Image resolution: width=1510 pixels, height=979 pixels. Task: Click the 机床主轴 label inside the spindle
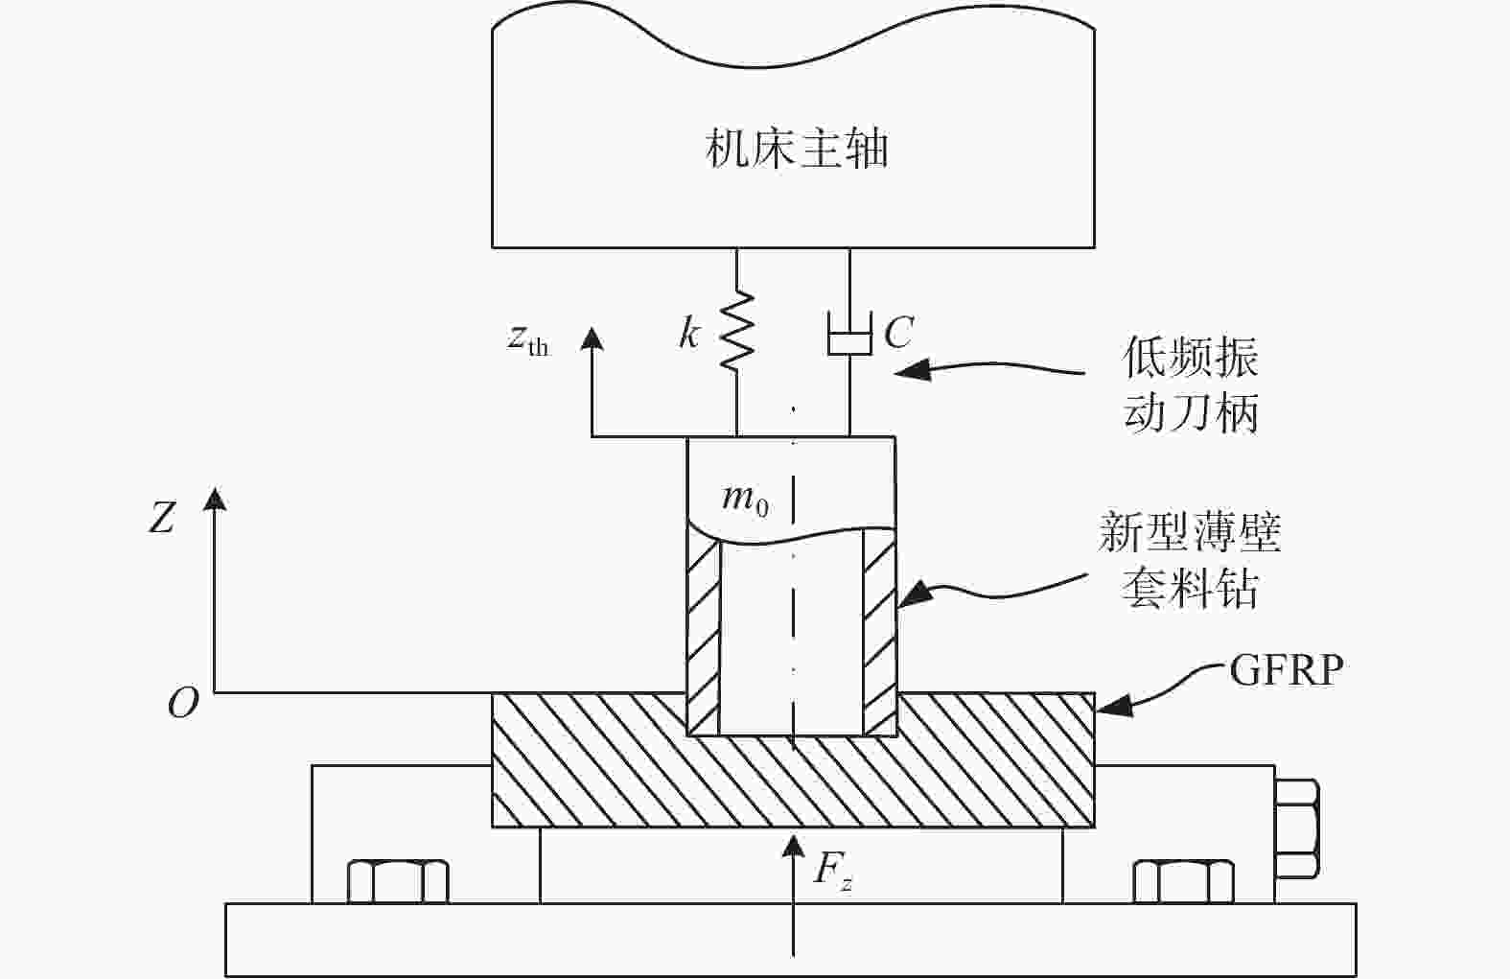tap(796, 149)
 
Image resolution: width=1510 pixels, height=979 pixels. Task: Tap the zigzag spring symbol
tap(737, 331)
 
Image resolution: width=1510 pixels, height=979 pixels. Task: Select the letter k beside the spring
tap(689, 333)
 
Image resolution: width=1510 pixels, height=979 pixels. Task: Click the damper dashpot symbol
tap(849, 333)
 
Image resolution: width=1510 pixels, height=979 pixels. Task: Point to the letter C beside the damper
tap(898, 332)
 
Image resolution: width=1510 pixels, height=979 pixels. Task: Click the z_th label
tap(528, 340)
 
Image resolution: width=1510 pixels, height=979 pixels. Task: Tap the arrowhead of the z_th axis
tap(592, 339)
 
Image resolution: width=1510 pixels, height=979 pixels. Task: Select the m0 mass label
tap(745, 500)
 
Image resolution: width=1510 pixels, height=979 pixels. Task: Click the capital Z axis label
tap(162, 518)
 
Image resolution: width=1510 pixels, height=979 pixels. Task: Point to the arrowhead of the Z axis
tap(215, 499)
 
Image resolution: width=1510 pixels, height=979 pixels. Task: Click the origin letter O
tap(183, 703)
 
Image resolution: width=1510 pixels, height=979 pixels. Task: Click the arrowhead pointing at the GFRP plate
tap(1111, 706)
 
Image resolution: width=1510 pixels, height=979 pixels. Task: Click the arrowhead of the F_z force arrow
tap(794, 846)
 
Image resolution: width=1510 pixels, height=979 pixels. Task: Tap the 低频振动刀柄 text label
tap(1191, 385)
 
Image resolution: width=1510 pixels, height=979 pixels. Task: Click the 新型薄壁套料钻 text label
tap(1190, 559)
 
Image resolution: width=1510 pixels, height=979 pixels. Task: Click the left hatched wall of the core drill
tap(703, 631)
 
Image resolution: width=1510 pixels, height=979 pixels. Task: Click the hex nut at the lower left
tap(398, 881)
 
